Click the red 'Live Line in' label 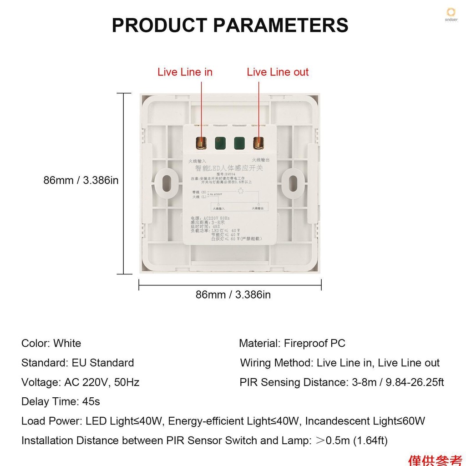pos(185,72)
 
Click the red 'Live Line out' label pos(278,72)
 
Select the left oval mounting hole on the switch pos(165,182)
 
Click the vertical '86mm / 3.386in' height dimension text pos(81,180)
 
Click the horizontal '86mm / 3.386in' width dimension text pos(233,294)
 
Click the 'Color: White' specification pos(51,343)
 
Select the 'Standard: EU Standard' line pos(77,363)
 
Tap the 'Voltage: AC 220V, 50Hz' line pos(80,382)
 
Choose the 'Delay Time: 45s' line pos(61,402)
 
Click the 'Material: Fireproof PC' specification pos(292,343)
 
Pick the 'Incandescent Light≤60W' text pos(365,421)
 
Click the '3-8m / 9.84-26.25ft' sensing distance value pos(398,382)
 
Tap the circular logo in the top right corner pos(451,13)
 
